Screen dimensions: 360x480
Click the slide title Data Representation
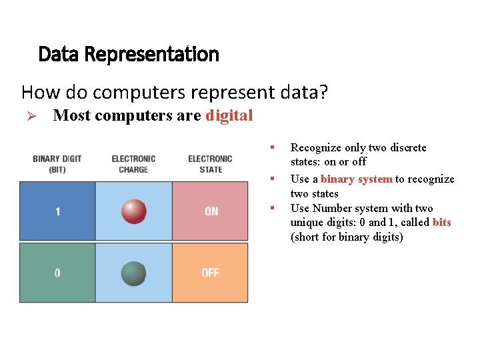coord(129,54)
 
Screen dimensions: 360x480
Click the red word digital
coord(229,115)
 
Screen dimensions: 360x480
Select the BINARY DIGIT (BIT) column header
coord(57,164)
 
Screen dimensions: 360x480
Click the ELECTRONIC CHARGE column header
coord(133,164)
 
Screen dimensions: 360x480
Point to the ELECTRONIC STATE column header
coord(210,164)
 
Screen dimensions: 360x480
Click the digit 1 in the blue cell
coord(57,211)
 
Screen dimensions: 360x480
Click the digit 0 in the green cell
coord(57,273)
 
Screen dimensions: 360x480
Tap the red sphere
coord(134,211)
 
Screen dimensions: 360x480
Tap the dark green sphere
coord(134,273)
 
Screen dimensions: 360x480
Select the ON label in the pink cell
coord(211,211)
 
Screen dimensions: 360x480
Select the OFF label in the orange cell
coord(211,273)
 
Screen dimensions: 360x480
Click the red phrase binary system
coord(356,179)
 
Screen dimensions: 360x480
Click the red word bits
coord(441,223)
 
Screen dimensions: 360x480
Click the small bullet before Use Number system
coord(272,208)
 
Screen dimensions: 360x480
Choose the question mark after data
coord(323,91)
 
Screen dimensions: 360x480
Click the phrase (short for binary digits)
coord(347,237)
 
